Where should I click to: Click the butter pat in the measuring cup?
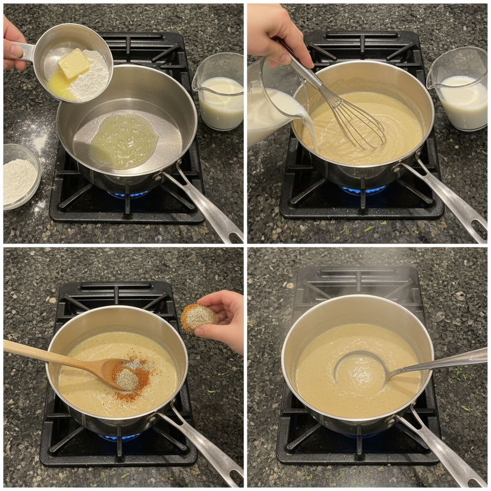tap(73, 64)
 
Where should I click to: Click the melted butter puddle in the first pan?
tap(124, 141)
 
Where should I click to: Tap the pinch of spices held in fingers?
tap(198, 316)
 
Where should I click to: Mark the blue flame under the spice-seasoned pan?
tap(120, 437)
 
